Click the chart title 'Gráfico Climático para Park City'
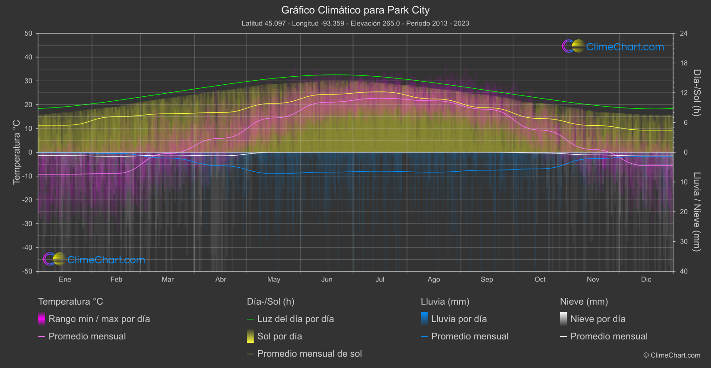point(355,10)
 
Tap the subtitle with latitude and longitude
point(355,23)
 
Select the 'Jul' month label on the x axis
point(380,280)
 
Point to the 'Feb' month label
point(116,280)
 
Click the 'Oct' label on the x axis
point(540,280)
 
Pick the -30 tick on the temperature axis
point(28,224)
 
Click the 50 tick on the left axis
point(29,33)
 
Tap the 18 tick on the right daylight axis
point(684,63)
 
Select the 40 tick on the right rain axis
point(684,271)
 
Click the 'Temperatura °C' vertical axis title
point(17,152)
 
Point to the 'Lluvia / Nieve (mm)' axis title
point(696,212)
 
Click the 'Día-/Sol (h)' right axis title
point(696,93)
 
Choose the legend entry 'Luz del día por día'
point(295,319)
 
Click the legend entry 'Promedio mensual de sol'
point(309,354)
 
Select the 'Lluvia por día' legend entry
point(459,319)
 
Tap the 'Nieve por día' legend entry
point(598,319)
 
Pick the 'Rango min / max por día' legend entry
point(99,319)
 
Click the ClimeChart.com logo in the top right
point(613,46)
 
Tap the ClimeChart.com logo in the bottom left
point(95,260)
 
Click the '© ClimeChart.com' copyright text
point(672,356)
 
